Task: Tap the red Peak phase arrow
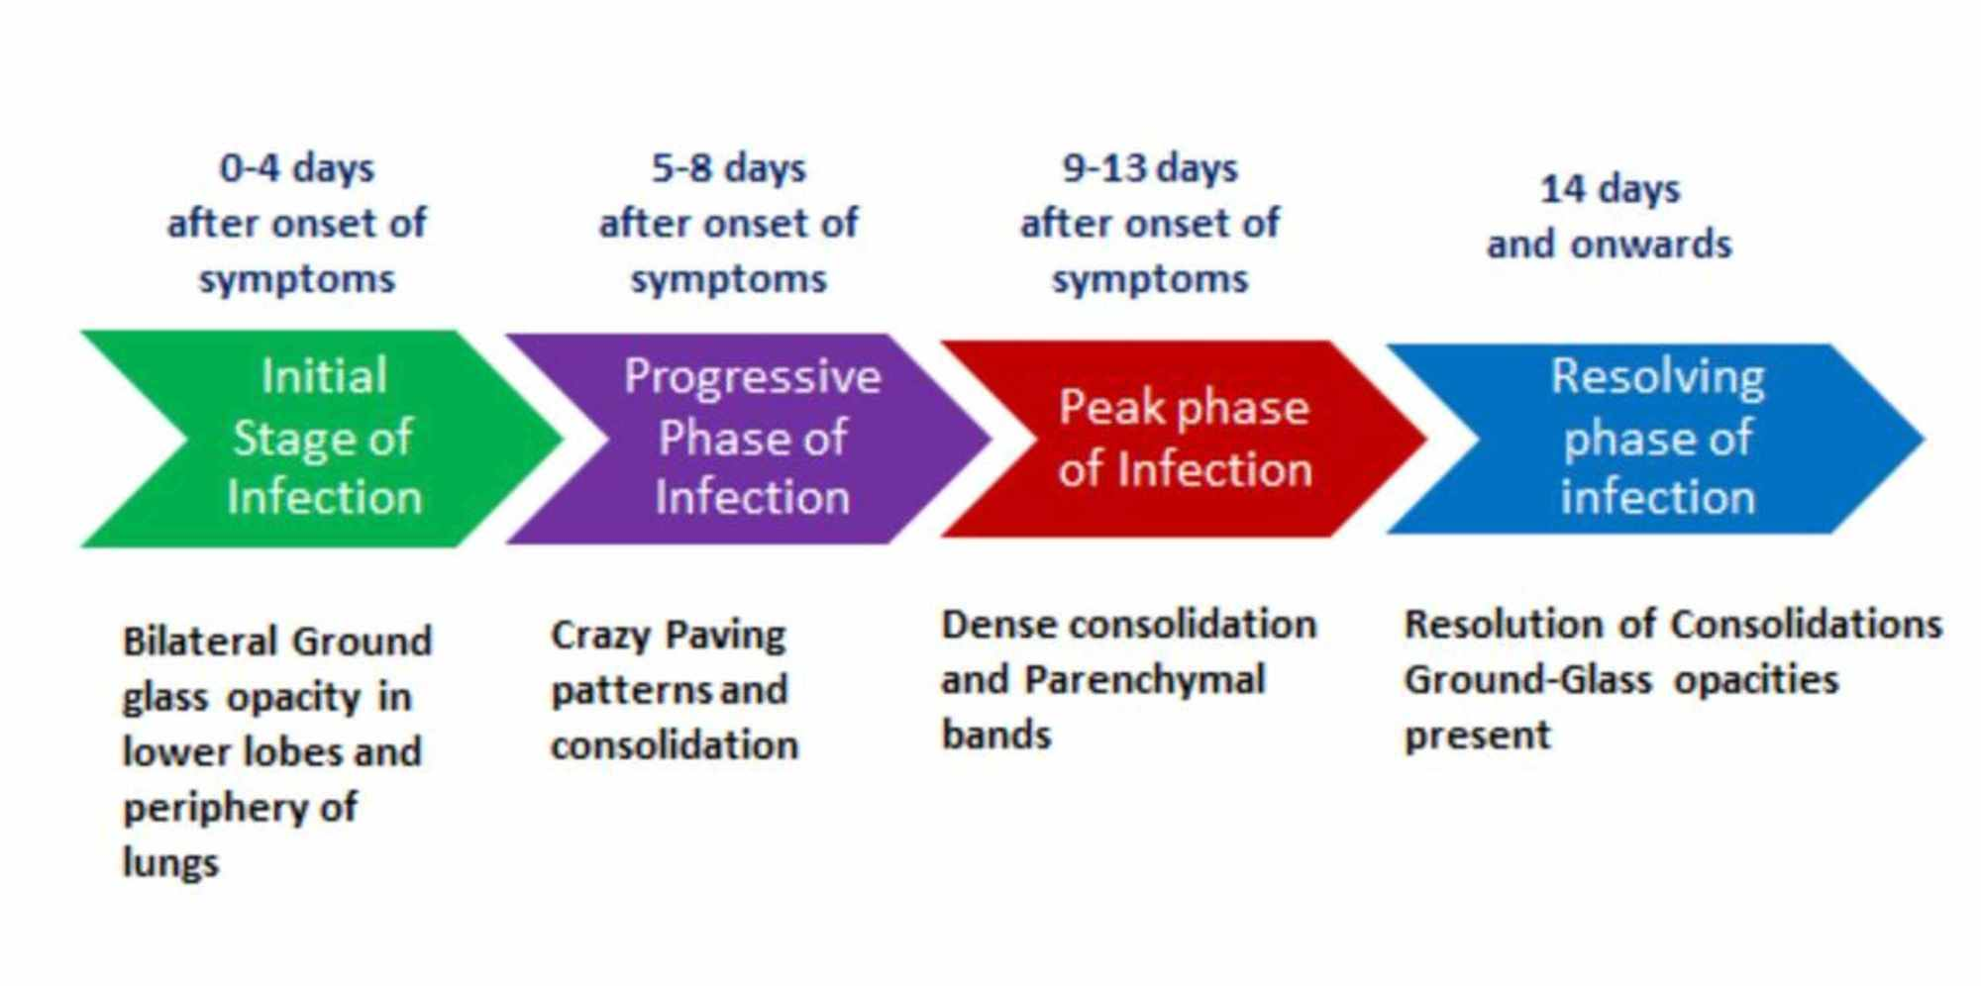(x=1184, y=439)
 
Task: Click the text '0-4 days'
(x=297, y=168)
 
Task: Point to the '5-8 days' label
(x=729, y=168)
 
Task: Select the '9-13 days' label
(x=1150, y=168)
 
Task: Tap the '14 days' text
(x=1610, y=189)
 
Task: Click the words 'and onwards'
(x=1610, y=244)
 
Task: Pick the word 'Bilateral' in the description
(x=202, y=641)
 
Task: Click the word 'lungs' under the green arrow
(x=170, y=862)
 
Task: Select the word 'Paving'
(x=726, y=636)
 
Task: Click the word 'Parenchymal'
(x=1144, y=681)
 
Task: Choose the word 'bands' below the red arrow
(x=996, y=736)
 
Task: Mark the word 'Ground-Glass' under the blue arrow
(x=1528, y=680)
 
